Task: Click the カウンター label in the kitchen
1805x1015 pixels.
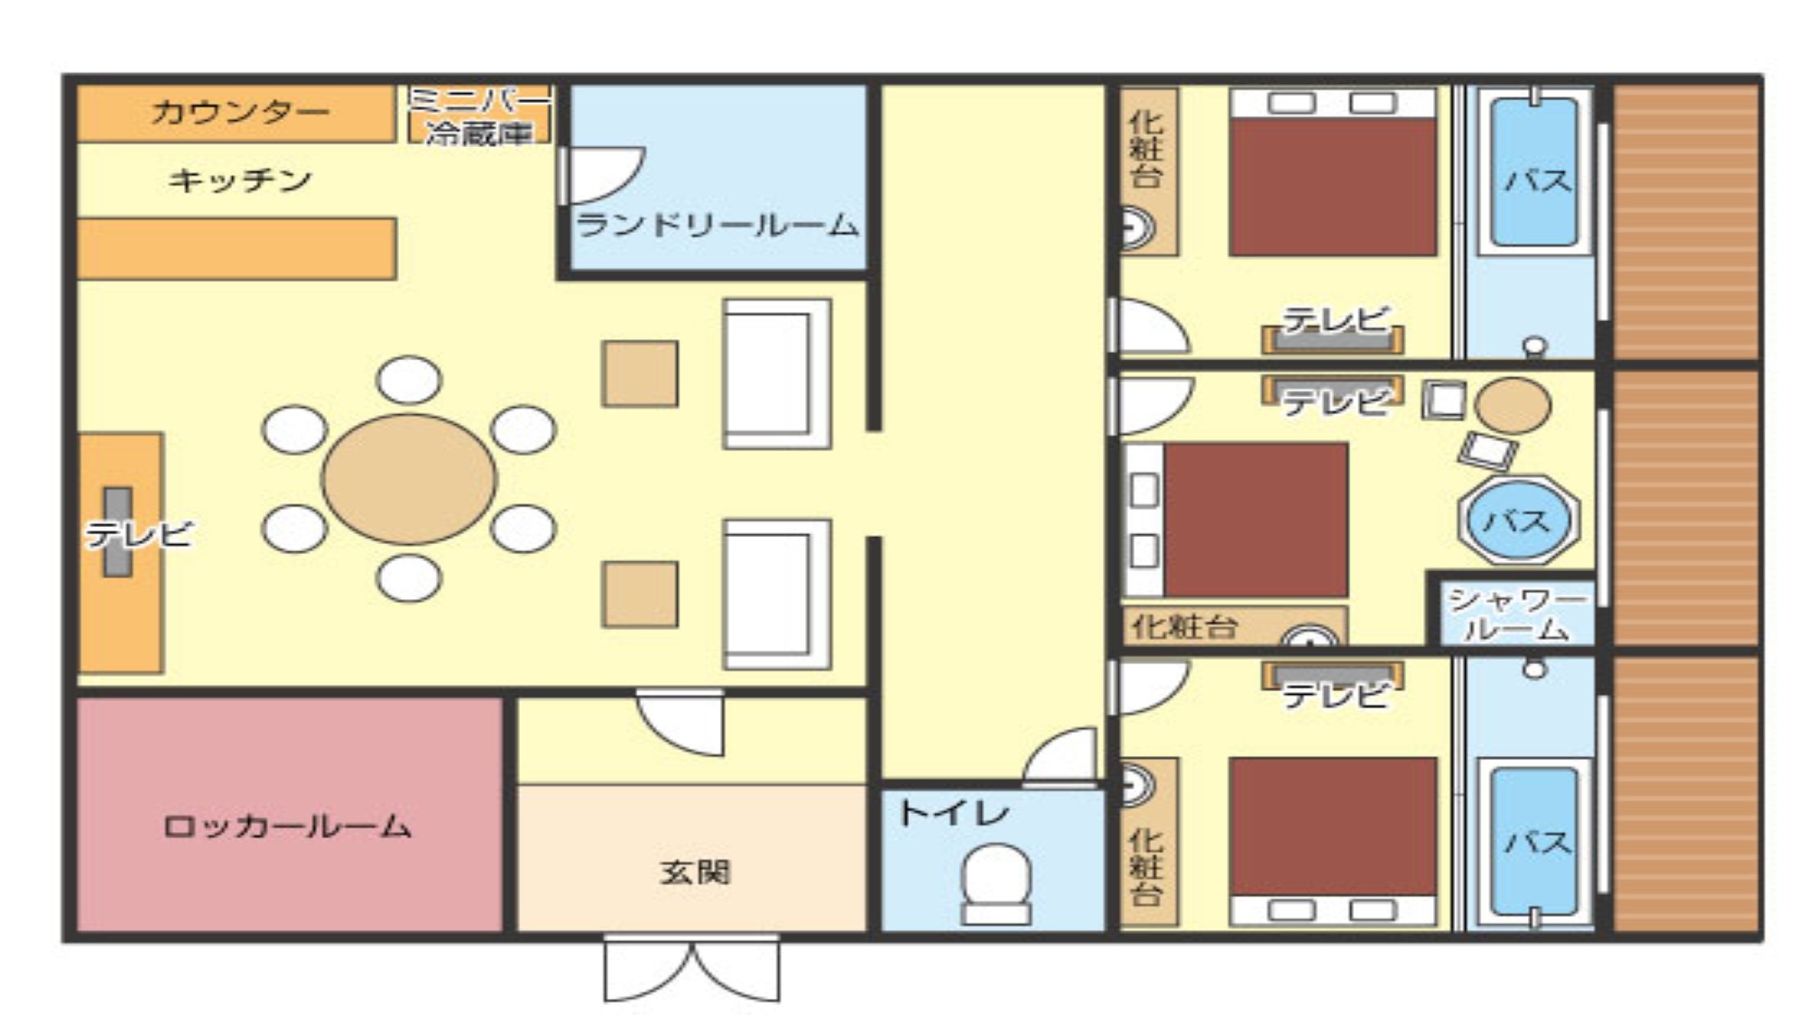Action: click(x=240, y=112)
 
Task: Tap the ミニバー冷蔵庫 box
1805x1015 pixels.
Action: click(x=479, y=115)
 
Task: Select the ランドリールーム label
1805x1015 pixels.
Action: click(x=717, y=225)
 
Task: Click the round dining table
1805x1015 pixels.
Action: click(x=409, y=478)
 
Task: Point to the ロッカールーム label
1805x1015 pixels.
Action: click(x=288, y=826)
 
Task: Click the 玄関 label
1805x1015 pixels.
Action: click(x=694, y=872)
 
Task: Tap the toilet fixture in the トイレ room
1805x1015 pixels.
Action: click(x=995, y=884)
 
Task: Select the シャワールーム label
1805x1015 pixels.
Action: click(x=1515, y=614)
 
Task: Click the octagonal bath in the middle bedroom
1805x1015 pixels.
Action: click(x=1518, y=520)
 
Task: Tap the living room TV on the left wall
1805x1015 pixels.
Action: click(x=117, y=532)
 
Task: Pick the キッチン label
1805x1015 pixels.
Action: click(x=240, y=180)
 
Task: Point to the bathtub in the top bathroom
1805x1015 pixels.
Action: click(x=1534, y=172)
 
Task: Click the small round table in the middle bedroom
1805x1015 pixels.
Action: click(x=1513, y=405)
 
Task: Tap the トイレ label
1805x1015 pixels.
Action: click(x=954, y=814)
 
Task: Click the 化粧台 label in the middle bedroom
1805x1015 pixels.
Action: click(x=1184, y=626)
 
